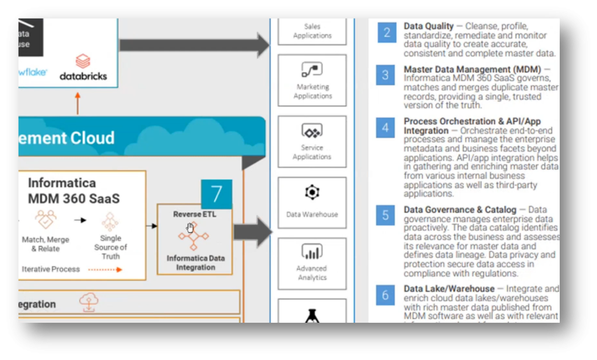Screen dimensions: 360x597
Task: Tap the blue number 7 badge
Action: [x=216, y=194]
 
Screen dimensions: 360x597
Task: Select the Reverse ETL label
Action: [x=194, y=214]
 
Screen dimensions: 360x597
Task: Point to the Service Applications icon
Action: [x=312, y=132]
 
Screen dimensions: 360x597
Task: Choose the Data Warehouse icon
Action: [x=312, y=192]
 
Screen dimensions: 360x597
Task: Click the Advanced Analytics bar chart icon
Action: [x=312, y=253]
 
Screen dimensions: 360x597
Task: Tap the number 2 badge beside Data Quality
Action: [x=385, y=32]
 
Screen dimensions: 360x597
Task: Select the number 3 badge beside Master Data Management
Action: [x=385, y=75]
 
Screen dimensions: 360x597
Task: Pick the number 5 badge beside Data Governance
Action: [x=385, y=215]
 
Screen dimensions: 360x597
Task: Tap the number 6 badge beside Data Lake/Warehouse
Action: [x=385, y=295]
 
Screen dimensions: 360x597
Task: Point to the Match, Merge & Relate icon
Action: [x=45, y=220]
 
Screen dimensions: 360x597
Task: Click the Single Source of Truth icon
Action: [x=110, y=221]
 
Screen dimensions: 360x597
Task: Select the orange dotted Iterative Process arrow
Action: [x=105, y=270]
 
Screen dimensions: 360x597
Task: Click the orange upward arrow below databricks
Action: [x=78, y=103]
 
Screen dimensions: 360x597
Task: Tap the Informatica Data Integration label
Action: [x=195, y=263]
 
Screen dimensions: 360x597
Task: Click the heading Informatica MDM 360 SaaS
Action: [x=73, y=190]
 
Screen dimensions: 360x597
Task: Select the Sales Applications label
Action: [x=312, y=31]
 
